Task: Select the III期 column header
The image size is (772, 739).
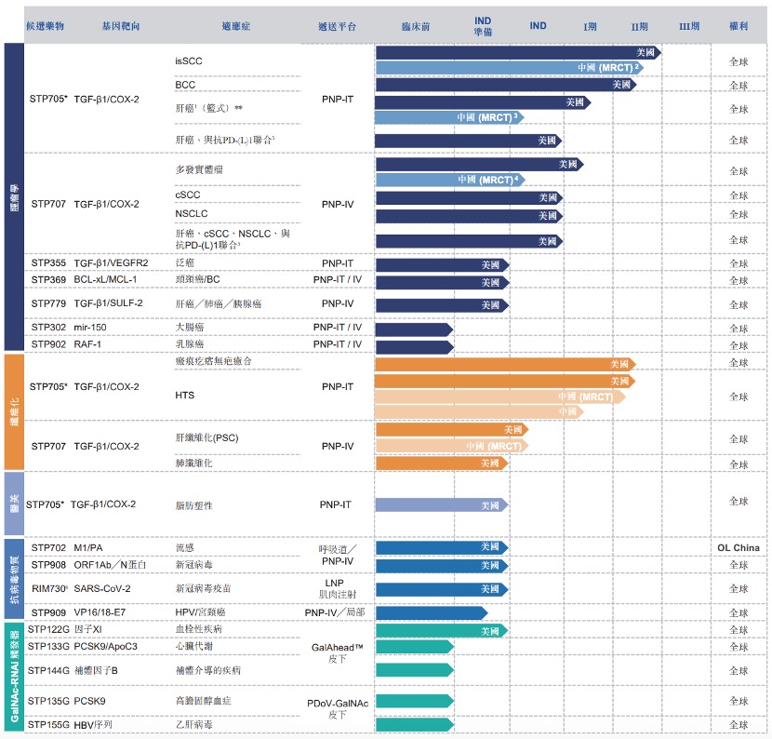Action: coord(689,26)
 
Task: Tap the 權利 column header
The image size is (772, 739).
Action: coord(739,26)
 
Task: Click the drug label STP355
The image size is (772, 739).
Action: coord(48,263)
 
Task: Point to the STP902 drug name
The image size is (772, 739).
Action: coord(48,344)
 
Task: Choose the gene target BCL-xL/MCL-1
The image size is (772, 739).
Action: coord(106,280)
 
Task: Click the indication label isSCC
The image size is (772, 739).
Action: coord(189,60)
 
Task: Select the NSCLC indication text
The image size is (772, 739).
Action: coord(192,214)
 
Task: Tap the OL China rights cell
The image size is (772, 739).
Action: coord(739,547)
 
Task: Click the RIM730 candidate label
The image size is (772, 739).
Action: coord(49,588)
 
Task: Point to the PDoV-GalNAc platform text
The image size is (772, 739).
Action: coord(337,703)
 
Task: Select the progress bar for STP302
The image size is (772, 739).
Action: coord(413,329)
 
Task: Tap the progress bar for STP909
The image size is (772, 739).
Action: coord(431,612)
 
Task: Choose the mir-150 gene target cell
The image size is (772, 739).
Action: coord(93,328)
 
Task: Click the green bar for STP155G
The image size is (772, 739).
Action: coord(413,724)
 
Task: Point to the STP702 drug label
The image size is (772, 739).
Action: coord(48,548)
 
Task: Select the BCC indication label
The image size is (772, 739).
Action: coord(185,85)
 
